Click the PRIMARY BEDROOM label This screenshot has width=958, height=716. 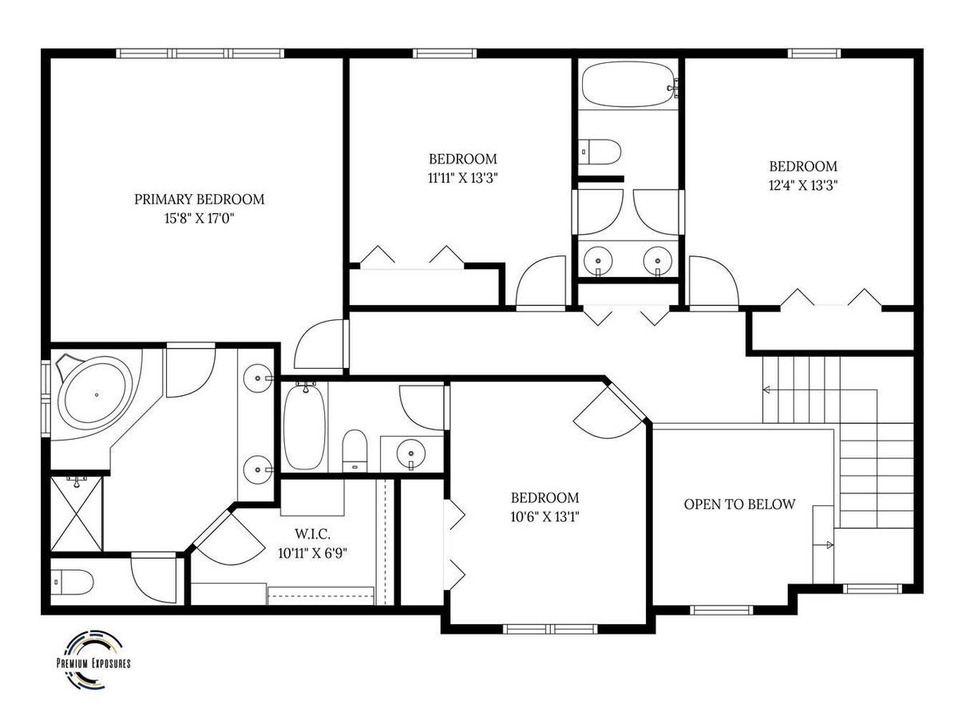point(199,200)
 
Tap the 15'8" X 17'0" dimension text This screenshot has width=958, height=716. point(199,218)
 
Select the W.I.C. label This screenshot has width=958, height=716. point(312,534)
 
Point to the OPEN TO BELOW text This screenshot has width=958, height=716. point(739,504)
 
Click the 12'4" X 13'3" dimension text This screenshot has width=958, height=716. point(803,185)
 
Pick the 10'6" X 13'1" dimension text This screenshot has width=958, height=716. point(544,517)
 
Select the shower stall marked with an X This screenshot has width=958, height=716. point(77,513)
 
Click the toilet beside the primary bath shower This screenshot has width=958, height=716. point(72,582)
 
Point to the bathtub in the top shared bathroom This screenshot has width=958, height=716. point(628,84)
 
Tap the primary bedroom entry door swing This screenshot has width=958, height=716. point(321,344)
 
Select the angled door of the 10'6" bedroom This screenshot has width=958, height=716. point(609,413)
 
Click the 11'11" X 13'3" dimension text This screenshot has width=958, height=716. point(463,178)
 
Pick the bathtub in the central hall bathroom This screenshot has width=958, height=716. point(304,425)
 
